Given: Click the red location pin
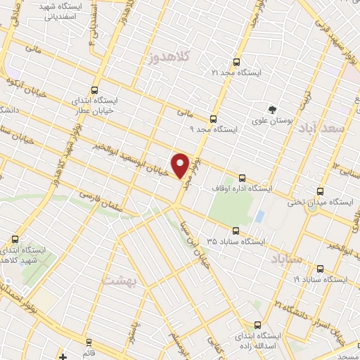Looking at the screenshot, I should (181, 165).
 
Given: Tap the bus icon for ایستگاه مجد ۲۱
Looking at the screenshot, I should (236, 62).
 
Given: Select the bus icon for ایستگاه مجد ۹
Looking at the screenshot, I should (212, 119).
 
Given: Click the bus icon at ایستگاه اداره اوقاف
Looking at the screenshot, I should (243, 178).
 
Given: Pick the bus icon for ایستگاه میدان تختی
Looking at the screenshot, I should (321, 191).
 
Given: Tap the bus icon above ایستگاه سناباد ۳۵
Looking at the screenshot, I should (236, 230).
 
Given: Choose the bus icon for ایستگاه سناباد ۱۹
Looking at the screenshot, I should (321, 268).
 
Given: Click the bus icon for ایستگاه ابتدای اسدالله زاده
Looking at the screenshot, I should (257, 325).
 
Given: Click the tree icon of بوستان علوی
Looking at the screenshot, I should (272, 109).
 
